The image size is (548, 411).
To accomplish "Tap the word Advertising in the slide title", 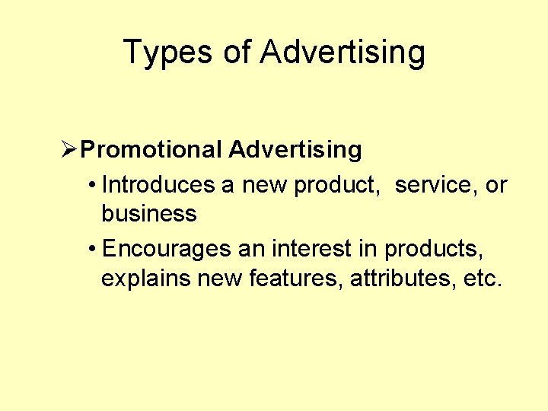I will click(x=342, y=53).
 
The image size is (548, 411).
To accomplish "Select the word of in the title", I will click(x=237, y=53).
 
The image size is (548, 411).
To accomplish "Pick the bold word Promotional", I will click(x=151, y=150).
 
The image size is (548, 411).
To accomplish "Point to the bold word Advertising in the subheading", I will click(x=295, y=150).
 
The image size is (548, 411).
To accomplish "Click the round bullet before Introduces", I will click(x=91, y=185).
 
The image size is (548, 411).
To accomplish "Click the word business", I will click(x=149, y=214).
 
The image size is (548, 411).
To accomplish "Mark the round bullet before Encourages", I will click(x=91, y=250).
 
